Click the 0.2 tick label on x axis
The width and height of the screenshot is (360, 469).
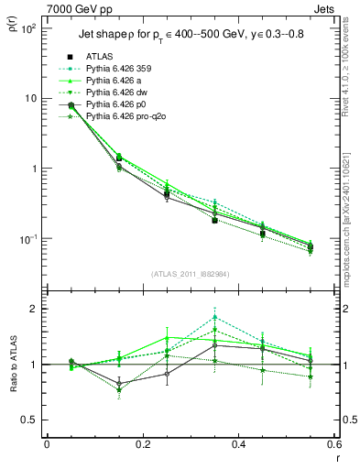(x=142, y=444)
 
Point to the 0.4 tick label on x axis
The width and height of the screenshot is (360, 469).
(x=238, y=444)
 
